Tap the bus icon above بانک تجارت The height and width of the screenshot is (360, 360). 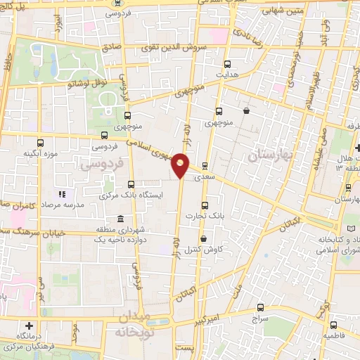pos(205,205)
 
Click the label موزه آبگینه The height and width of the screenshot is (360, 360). pos(39,153)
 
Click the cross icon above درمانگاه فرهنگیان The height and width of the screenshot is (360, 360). pos(29,326)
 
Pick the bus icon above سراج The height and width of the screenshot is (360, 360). pos(261,307)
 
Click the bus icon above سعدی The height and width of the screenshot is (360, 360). pos(205,167)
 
